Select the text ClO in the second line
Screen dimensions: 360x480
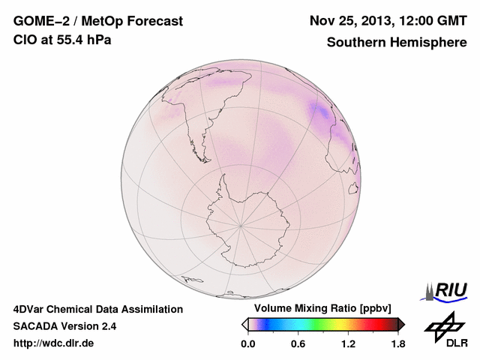(x=24, y=40)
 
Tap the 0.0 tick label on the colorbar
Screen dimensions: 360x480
(x=247, y=344)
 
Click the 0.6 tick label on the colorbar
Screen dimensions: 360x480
(x=298, y=344)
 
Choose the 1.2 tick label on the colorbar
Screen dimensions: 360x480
(x=348, y=344)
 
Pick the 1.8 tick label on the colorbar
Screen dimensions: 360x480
(x=397, y=344)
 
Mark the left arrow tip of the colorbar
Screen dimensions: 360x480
(x=243, y=324)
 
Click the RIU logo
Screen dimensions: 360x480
(x=447, y=289)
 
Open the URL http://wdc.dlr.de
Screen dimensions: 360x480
(x=54, y=343)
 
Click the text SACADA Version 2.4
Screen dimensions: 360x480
(x=64, y=326)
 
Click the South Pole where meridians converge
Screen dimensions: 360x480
(x=240, y=224)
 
